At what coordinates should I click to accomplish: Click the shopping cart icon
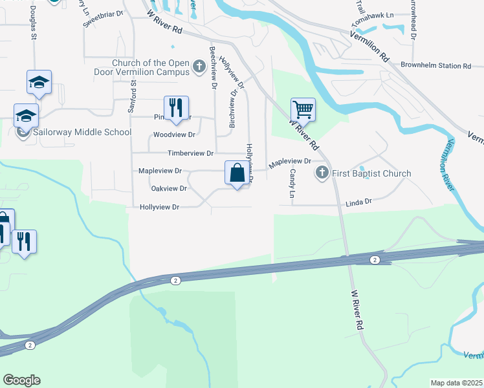tap(302, 109)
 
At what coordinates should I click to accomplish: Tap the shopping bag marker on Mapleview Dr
tap(237, 173)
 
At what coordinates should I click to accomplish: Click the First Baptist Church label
tap(371, 173)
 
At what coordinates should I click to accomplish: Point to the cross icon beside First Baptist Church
tap(322, 173)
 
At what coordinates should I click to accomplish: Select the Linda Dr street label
tap(359, 202)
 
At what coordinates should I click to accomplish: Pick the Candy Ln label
tap(292, 184)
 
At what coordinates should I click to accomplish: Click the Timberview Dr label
tap(190, 153)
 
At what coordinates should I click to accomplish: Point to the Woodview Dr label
tap(173, 135)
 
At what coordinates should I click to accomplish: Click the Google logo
tap(21, 380)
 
